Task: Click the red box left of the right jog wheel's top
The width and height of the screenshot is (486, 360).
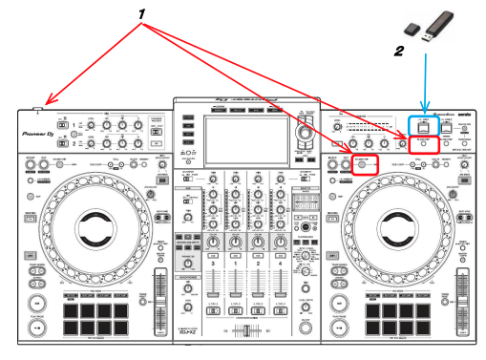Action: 364,164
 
